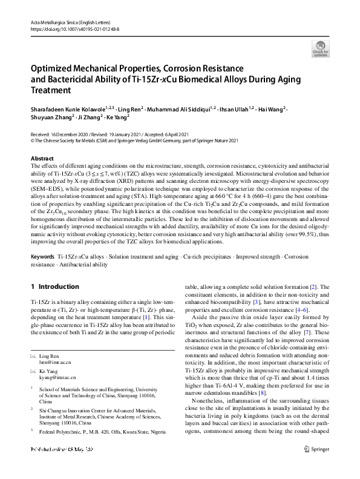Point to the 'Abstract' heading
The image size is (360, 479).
[x=42, y=158]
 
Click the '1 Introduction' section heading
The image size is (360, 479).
[x=54, y=286]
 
